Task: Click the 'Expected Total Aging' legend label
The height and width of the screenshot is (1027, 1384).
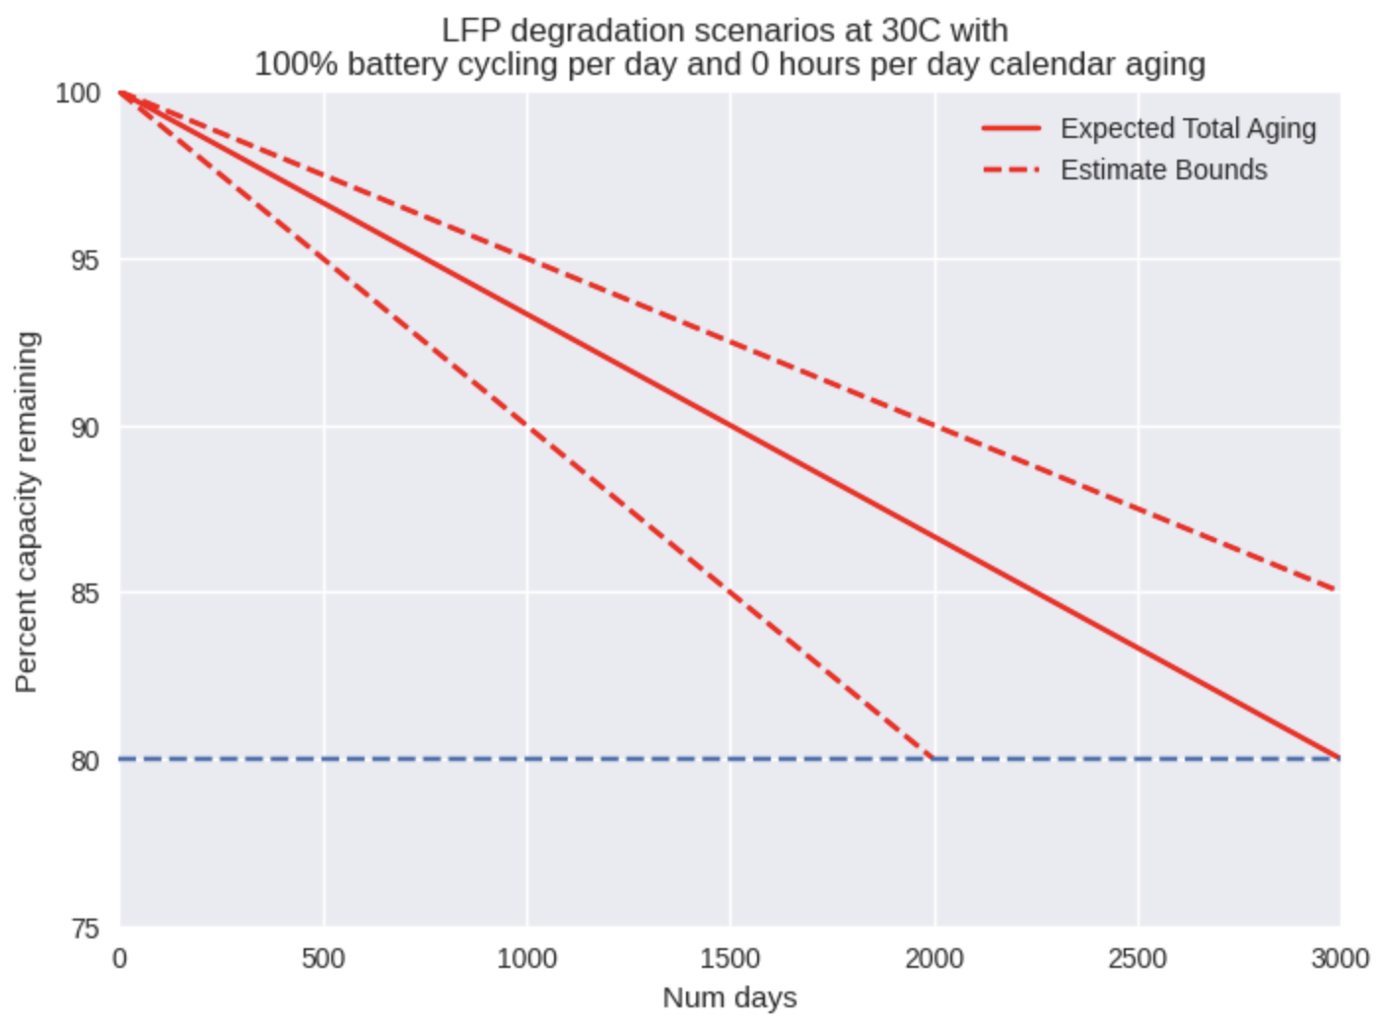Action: [1188, 129]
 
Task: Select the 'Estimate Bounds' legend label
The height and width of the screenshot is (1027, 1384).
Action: [1163, 171]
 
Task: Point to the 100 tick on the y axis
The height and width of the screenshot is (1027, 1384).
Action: [78, 94]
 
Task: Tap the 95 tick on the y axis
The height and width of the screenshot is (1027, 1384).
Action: [85, 260]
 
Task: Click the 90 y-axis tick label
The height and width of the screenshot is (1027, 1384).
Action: [85, 428]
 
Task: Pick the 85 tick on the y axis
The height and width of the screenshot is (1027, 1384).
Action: [85, 593]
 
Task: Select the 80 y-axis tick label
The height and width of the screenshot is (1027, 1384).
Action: [85, 761]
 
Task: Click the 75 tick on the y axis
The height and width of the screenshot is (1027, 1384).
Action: [85, 928]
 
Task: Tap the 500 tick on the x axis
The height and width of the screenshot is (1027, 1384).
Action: [323, 959]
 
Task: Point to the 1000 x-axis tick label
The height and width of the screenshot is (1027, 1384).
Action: [526, 959]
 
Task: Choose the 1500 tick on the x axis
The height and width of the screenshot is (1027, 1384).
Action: [729, 959]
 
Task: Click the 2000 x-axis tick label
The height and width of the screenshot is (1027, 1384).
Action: [934, 959]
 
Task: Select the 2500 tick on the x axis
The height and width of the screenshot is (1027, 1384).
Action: [1137, 959]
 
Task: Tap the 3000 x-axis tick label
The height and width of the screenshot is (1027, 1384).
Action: [1340, 959]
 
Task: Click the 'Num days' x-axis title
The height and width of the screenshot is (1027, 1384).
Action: [729, 997]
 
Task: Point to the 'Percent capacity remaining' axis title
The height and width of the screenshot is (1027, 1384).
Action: [27, 512]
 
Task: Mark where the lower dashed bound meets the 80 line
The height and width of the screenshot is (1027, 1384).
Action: [933, 758]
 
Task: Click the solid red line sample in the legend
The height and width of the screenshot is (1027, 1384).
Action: [1011, 129]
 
